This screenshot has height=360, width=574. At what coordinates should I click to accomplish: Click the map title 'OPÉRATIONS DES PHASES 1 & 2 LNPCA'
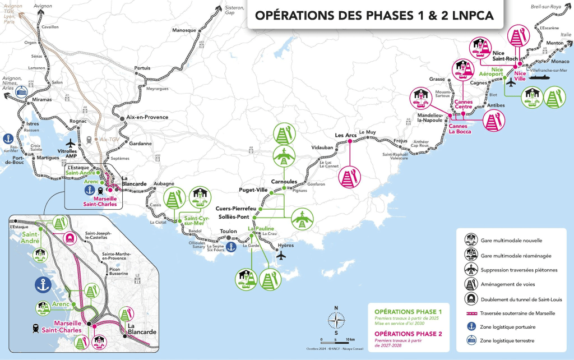(x=374, y=15)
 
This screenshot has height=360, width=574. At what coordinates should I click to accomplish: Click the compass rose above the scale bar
(x=336, y=320)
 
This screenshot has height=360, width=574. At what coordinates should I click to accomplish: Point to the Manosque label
(x=184, y=30)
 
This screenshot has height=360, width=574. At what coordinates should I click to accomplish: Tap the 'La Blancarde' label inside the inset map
(x=142, y=329)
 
